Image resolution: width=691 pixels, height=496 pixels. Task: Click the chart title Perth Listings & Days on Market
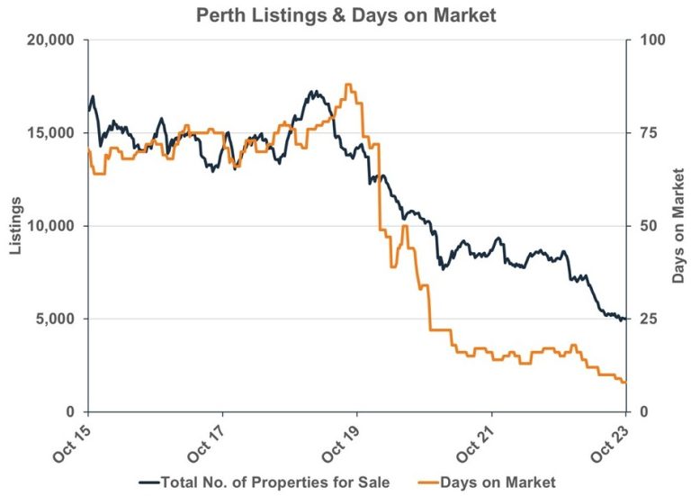[x=345, y=14]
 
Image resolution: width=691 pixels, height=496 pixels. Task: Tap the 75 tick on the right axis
[x=644, y=133]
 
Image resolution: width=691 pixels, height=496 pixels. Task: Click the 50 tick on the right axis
[x=644, y=226]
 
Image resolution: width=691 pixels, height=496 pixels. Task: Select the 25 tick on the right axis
[x=644, y=319]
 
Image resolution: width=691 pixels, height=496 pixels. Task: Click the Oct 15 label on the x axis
[x=75, y=440]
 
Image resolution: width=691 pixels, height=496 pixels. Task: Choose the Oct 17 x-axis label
[x=209, y=440]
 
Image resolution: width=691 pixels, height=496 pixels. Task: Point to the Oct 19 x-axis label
[x=344, y=440]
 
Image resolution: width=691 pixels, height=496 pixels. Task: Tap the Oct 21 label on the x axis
[x=478, y=440]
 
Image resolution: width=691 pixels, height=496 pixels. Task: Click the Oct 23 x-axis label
[x=612, y=440]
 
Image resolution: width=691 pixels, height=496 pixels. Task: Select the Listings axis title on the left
[x=15, y=225]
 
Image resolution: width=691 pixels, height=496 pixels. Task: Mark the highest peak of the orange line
[x=348, y=84]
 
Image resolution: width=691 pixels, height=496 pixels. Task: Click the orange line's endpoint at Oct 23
[x=625, y=383]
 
